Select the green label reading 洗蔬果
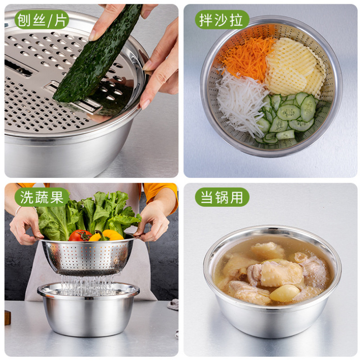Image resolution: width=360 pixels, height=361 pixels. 41,197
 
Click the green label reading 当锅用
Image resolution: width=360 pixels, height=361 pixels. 222,197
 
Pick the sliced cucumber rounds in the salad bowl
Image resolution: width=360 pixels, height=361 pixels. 288,116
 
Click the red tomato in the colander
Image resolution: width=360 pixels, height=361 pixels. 80,236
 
